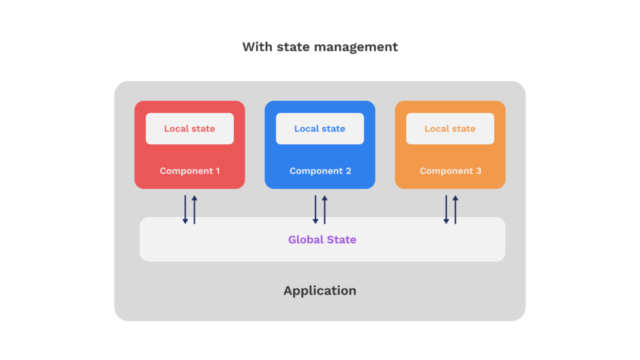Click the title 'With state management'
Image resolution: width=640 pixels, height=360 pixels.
pos(319,47)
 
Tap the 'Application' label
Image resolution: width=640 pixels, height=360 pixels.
pos(319,291)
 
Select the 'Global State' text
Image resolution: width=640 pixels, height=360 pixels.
pos(322,239)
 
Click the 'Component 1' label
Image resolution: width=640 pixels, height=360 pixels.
pos(189,171)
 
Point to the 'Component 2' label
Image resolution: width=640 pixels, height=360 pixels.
pos(320,171)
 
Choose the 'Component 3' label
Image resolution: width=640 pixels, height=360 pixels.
pos(450,171)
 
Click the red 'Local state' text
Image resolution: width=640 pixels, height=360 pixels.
pos(189,129)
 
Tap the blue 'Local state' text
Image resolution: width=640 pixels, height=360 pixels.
pos(319,129)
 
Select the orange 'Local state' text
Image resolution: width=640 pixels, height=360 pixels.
pos(450,129)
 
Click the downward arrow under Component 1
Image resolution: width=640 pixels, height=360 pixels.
pos(185,209)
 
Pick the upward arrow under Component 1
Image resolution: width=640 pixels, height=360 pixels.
pos(194,209)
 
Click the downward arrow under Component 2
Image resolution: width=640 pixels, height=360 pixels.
pos(316,209)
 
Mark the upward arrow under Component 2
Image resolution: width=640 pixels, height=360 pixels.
pos(324,209)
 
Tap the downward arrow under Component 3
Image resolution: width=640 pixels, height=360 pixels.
pos(446,209)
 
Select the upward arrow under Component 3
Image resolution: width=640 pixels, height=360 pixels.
pos(455,209)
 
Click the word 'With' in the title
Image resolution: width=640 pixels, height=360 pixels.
pos(255,47)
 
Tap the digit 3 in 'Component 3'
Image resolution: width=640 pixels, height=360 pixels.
pos(478,171)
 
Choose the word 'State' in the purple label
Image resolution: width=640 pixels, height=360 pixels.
pos(341,239)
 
